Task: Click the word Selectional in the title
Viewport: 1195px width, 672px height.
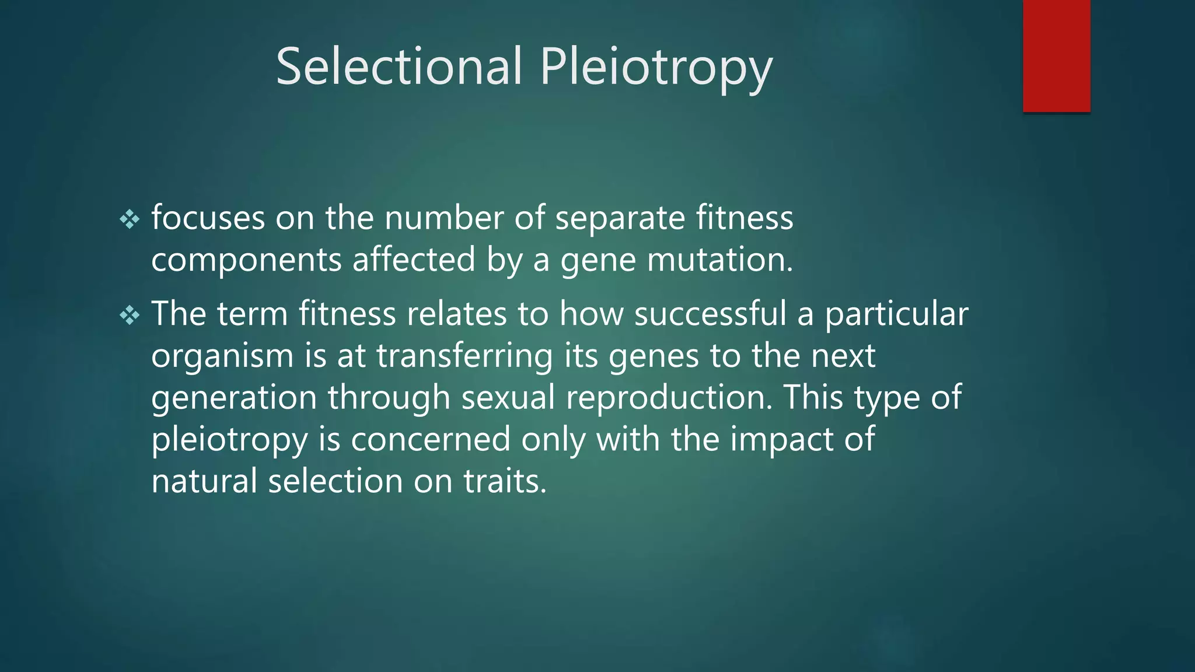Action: pos(399,66)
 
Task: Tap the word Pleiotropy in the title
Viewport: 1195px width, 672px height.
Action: pos(656,69)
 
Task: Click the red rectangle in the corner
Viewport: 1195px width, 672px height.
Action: pos(1056,55)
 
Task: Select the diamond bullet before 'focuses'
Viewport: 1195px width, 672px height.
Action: pos(130,220)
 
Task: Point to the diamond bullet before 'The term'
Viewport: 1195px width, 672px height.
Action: pos(130,316)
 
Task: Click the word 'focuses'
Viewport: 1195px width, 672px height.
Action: pos(208,218)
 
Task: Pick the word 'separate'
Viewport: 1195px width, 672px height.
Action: pos(620,219)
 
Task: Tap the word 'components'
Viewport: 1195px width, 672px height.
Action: pos(246,260)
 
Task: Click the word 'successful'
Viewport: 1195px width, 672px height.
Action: pos(710,314)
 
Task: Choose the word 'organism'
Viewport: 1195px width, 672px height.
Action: pos(222,356)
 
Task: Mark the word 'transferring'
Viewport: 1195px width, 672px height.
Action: pos(464,356)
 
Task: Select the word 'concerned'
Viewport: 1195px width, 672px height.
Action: pos(431,439)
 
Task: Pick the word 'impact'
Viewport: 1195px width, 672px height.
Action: pos(781,440)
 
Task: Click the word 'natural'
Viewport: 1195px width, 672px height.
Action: pos(204,481)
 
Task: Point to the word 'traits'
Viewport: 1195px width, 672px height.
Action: pos(505,481)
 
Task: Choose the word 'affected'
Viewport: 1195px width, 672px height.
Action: pos(414,260)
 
